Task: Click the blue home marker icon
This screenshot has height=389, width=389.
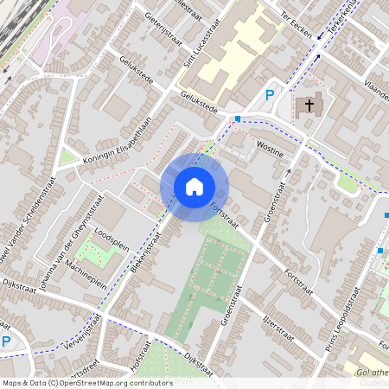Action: (x=194, y=187)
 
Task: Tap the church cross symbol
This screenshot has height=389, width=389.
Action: (x=307, y=107)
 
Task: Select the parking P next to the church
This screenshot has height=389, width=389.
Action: (x=270, y=96)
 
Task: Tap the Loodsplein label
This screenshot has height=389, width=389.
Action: (x=110, y=235)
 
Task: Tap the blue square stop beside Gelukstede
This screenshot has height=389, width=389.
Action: (x=238, y=118)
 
